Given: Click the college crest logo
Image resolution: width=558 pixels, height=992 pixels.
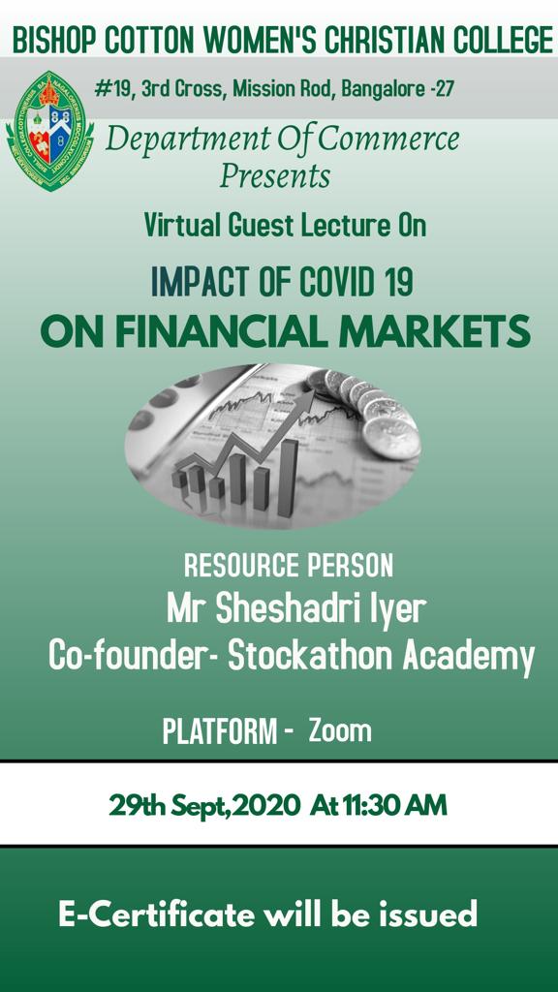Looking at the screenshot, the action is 50,131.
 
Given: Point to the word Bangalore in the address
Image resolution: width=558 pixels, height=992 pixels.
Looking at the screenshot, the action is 383,89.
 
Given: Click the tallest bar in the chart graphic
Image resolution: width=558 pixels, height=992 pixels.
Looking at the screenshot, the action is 288,478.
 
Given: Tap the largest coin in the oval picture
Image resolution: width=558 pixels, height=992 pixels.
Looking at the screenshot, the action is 391,437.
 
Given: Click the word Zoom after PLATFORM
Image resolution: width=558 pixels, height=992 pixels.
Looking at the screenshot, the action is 340,731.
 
